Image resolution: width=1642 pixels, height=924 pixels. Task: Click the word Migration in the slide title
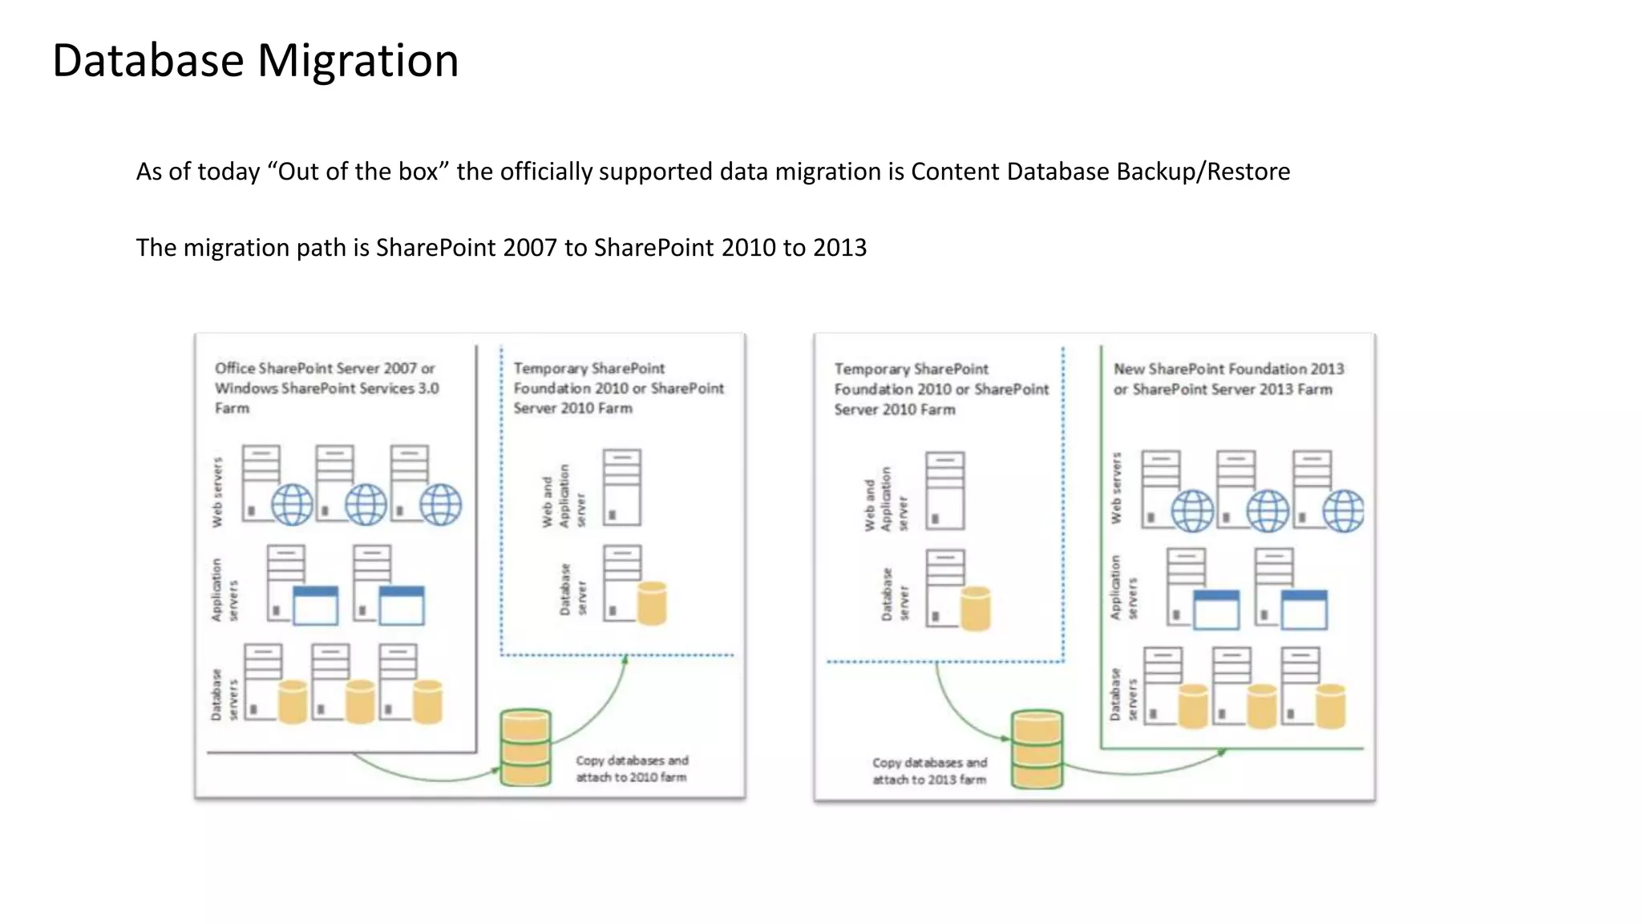pos(358,61)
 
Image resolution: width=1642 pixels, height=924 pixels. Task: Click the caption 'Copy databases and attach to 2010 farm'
pos(632,768)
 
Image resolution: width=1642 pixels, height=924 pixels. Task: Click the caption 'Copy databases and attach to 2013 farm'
pos(929,771)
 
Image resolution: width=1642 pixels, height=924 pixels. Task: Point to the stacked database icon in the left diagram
pos(525,748)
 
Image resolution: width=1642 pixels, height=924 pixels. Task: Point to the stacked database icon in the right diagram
pos(1037,749)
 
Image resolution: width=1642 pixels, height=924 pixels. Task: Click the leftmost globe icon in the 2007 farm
pos(292,505)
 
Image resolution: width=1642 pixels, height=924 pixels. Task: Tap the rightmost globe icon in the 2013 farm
pos(1344,511)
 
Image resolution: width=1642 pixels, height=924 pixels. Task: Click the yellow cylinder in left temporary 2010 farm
pos(652,603)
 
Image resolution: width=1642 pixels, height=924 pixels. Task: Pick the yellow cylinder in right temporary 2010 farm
pos(975,609)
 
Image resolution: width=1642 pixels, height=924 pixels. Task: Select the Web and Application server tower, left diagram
pos(622,487)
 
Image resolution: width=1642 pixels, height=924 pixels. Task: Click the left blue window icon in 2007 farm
pos(315,606)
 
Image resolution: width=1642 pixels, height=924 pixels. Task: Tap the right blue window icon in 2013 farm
pos(1304,610)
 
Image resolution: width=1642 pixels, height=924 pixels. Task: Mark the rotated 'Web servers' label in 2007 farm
pos(216,492)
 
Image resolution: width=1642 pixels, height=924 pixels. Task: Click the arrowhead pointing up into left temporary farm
pos(625,659)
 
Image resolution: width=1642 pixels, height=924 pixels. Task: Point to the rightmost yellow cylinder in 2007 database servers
pos(427,702)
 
